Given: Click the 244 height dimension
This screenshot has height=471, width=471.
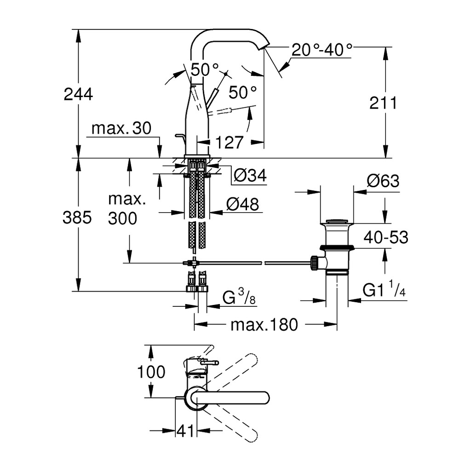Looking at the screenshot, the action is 78,94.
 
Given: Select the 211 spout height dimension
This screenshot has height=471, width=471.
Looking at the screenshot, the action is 383,103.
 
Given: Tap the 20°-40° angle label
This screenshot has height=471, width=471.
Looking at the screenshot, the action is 322,50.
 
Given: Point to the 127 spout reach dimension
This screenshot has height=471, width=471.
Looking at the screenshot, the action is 229,142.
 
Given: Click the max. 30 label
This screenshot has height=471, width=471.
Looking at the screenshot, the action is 121,128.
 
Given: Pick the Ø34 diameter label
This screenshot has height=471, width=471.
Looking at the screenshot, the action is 250,175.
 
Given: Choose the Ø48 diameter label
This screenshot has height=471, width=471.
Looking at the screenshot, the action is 242,205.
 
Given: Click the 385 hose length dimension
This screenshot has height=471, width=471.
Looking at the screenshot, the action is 77,217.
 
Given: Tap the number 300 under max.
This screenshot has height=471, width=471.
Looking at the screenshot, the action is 122,218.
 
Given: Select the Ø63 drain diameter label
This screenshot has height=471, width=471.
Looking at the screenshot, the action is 383,181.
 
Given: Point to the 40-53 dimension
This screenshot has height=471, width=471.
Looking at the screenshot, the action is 386,237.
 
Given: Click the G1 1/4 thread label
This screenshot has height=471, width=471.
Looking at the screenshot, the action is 384,289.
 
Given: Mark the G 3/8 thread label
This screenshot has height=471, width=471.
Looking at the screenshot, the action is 239,296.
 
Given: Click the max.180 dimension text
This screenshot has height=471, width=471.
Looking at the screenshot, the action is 264,325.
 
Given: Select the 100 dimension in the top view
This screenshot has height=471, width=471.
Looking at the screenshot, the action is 151,372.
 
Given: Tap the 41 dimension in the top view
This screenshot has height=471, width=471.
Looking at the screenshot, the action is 185,431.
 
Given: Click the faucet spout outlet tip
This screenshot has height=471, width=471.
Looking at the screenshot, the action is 263,47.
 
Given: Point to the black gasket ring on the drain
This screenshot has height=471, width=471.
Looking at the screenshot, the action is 337,247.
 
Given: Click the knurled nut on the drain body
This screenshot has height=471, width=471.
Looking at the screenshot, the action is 314,263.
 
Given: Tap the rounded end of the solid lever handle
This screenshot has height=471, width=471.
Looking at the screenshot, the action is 264,398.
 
